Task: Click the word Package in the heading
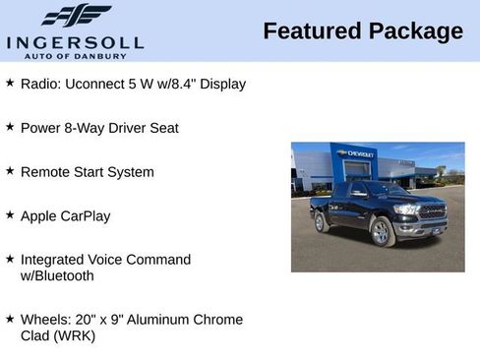point(415,31)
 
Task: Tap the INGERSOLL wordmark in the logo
point(75,42)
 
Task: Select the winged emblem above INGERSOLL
point(77,16)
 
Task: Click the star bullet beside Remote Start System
point(10,171)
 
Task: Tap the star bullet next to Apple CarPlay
point(10,214)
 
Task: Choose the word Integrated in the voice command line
point(54,260)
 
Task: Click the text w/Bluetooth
point(57,275)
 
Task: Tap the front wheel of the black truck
point(381,231)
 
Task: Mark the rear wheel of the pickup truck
point(320,222)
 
